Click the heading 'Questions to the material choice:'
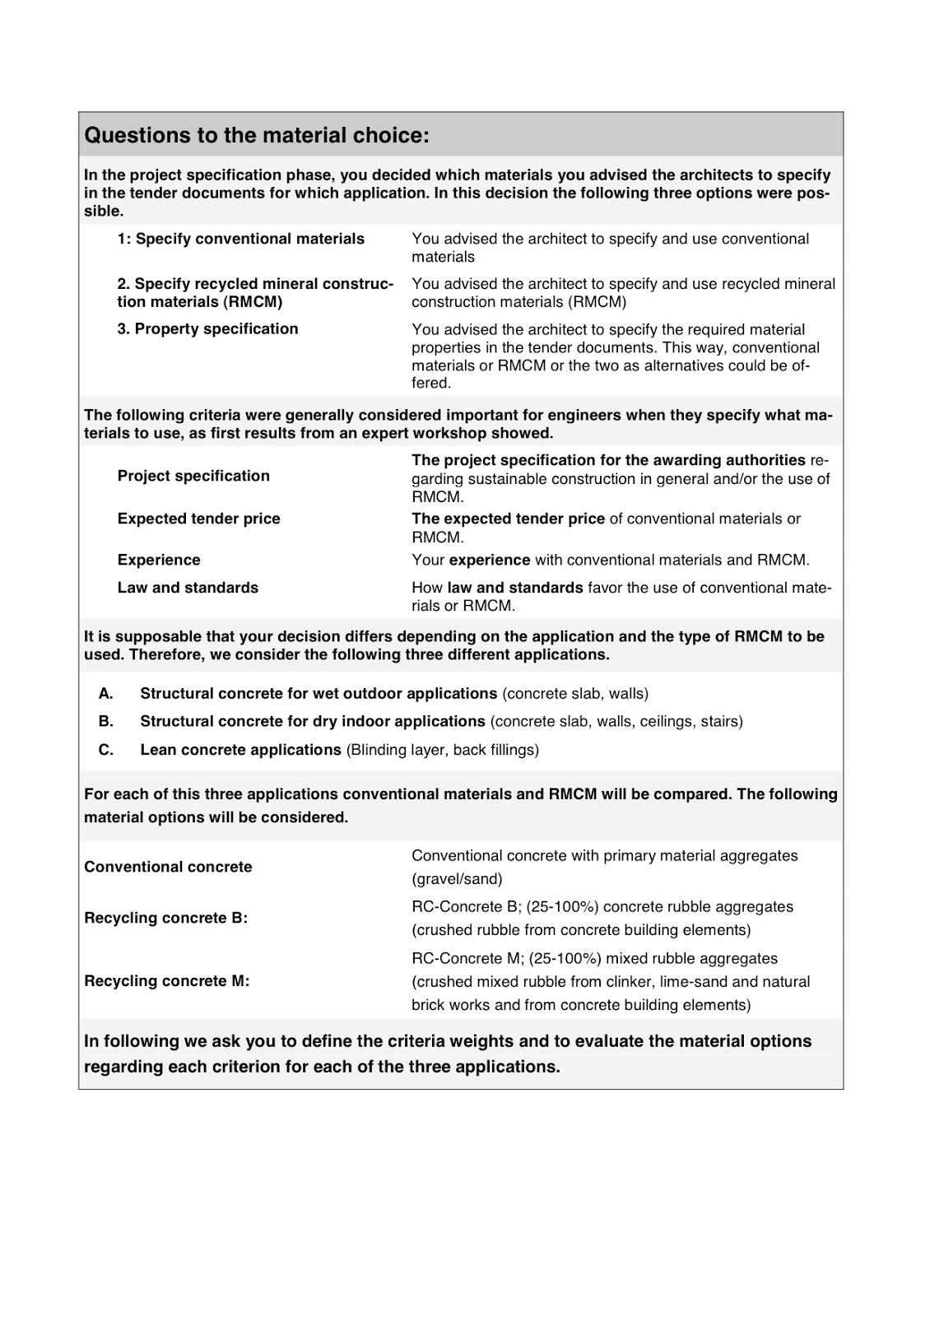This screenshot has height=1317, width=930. pos(257,135)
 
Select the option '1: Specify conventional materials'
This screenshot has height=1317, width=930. pos(240,239)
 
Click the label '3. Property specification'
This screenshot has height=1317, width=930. pos(207,328)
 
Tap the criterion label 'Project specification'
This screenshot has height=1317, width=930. pos(193,476)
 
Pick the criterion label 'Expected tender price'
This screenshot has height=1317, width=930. pos(198,519)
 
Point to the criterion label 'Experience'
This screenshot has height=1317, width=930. pos(159,560)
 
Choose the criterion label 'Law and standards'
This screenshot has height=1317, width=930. pos(188,588)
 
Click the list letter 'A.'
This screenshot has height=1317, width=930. pos(106,693)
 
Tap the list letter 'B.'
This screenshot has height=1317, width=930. pos(106,721)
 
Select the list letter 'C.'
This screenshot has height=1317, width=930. pos(106,750)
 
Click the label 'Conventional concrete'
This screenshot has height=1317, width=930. pos(168,867)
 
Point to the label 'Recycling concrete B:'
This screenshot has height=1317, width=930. pos(165,918)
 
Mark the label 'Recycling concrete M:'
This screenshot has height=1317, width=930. pos(166,981)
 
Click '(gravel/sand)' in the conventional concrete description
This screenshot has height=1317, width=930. pos(457,878)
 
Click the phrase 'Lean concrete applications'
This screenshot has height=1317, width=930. pos(240,750)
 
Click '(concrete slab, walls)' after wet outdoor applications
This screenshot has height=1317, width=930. pos(575,693)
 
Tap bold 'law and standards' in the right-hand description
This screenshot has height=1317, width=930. pos(515,588)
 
